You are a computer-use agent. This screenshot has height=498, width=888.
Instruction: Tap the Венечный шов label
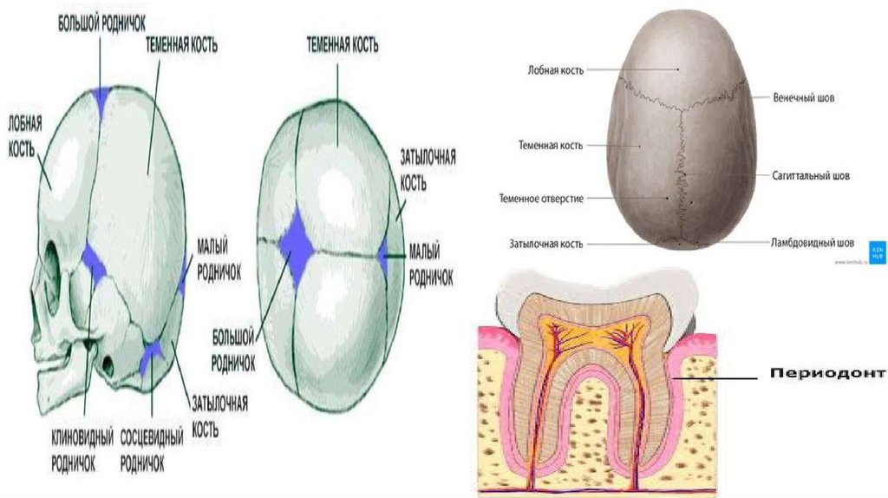(x=804, y=98)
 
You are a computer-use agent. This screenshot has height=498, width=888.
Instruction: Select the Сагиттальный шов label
(x=811, y=175)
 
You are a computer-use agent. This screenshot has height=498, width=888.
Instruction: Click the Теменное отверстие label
(x=540, y=199)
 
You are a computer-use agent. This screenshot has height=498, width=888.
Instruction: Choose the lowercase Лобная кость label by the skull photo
(x=555, y=69)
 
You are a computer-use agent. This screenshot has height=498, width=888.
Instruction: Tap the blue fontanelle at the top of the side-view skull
(x=102, y=98)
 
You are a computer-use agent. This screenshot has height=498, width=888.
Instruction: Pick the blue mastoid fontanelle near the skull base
(x=152, y=352)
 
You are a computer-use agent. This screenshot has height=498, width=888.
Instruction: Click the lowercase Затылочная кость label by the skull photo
(x=545, y=244)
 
